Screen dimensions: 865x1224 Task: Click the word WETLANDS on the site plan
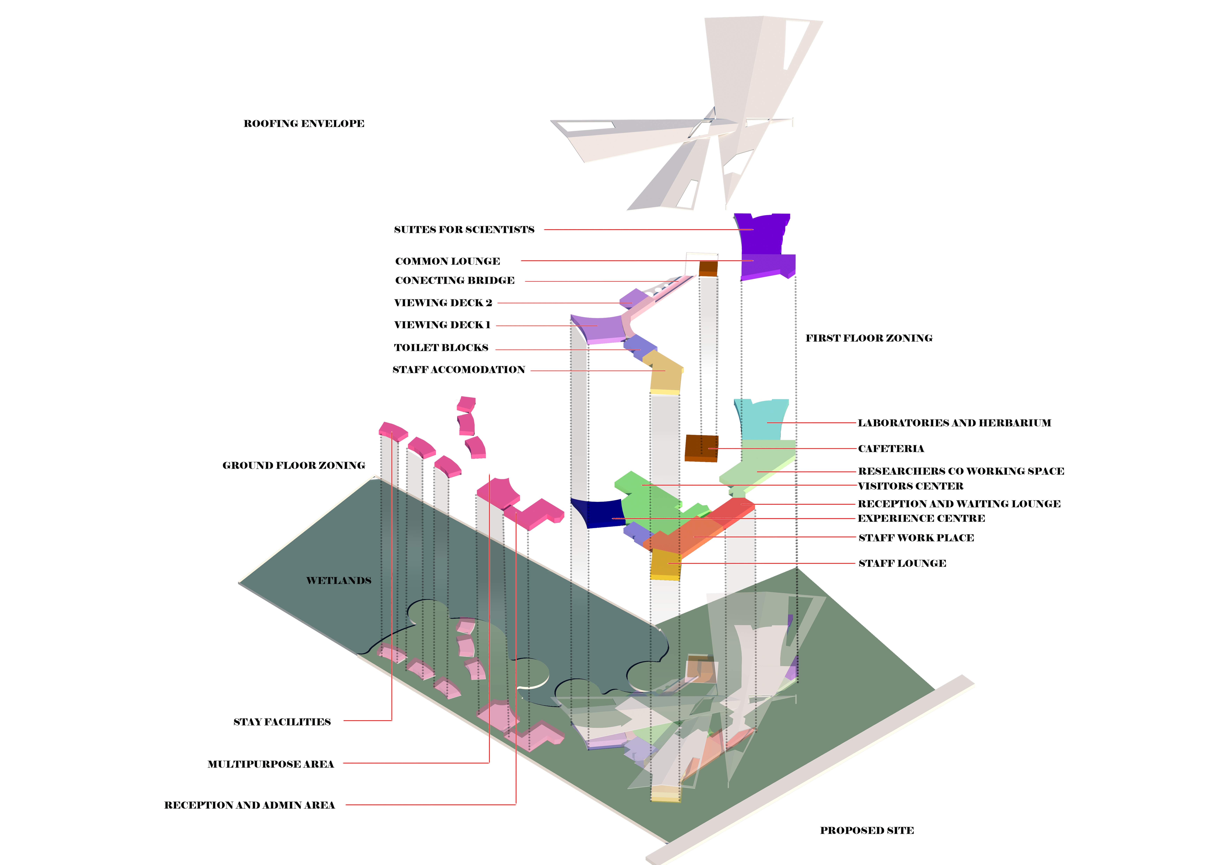point(338,580)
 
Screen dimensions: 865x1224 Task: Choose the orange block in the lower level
point(688,538)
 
